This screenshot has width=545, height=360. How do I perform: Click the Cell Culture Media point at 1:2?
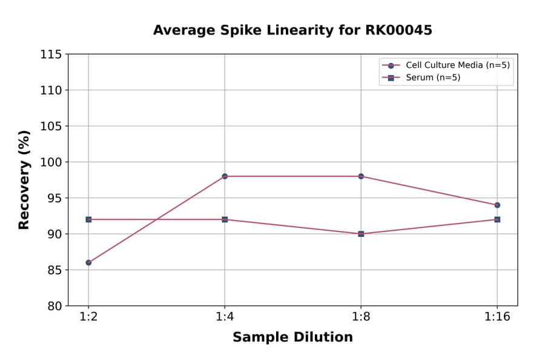pyautogui.click(x=88, y=262)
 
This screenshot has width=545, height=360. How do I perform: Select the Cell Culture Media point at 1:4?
pyautogui.click(x=225, y=176)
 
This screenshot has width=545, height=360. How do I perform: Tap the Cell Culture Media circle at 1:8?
pyautogui.click(x=361, y=176)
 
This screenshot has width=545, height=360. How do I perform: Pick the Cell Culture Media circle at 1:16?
pyautogui.click(x=497, y=205)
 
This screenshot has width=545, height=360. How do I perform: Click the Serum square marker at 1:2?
pyautogui.click(x=88, y=219)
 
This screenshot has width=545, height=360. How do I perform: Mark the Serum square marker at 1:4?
pyautogui.click(x=225, y=219)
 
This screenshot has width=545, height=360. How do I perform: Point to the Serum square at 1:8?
pyautogui.click(x=361, y=234)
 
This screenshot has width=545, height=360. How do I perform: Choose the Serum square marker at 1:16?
pyautogui.click(x=497, y=219)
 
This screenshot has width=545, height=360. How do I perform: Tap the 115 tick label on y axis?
pyautogui.click(x=51, y=55)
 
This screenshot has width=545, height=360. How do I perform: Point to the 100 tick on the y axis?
pyautogui.click(x=51, y=162)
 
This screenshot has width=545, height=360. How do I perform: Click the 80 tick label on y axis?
pyautogui.click(x=54, y=306)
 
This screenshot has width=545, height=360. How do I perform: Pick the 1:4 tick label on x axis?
pyautogui.click(x=225, y=318)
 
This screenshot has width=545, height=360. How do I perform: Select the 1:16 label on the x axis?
pyautogui.click(x=497, y=318)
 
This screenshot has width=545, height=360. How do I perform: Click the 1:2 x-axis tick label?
pyautogui.click(x=88, y=318)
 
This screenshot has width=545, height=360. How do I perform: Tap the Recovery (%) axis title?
pyautogui.click(x=24, y=180)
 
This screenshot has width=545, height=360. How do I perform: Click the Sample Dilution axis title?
pyautogui.click(x=292, y=338)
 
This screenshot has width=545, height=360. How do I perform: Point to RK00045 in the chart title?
pyautogui.click(x=398, y=30)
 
